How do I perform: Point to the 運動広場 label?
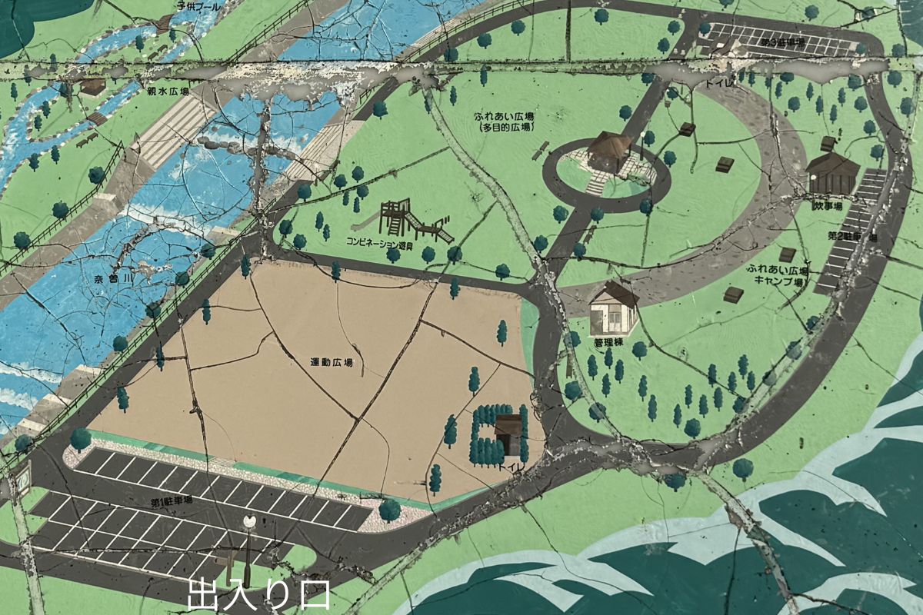coord(332,361)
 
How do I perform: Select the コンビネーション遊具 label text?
coord(380,244)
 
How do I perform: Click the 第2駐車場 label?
coord(852,236)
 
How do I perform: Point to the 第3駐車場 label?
coord(783,42)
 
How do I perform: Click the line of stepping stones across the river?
coord(231,143)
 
